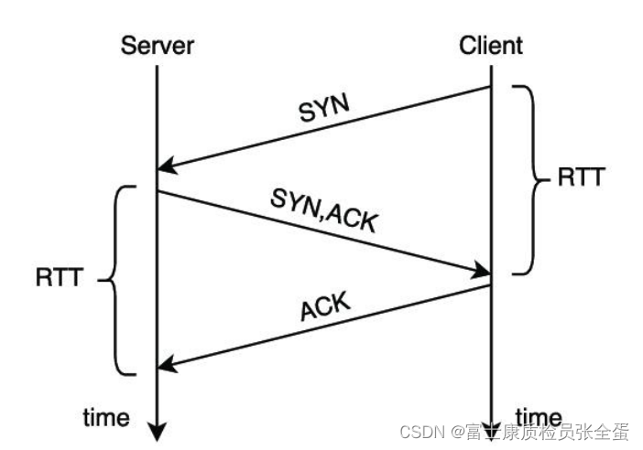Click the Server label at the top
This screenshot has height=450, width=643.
157,46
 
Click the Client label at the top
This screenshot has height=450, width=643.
493,46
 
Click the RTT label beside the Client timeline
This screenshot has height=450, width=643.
581,177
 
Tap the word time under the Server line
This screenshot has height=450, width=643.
105,418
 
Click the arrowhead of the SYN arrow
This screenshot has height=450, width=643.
165,167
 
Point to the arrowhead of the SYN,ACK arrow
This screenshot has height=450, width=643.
483,271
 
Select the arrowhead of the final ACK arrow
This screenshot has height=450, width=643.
165,367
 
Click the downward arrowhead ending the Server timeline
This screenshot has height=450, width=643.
157,430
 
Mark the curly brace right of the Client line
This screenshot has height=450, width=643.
526,179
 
